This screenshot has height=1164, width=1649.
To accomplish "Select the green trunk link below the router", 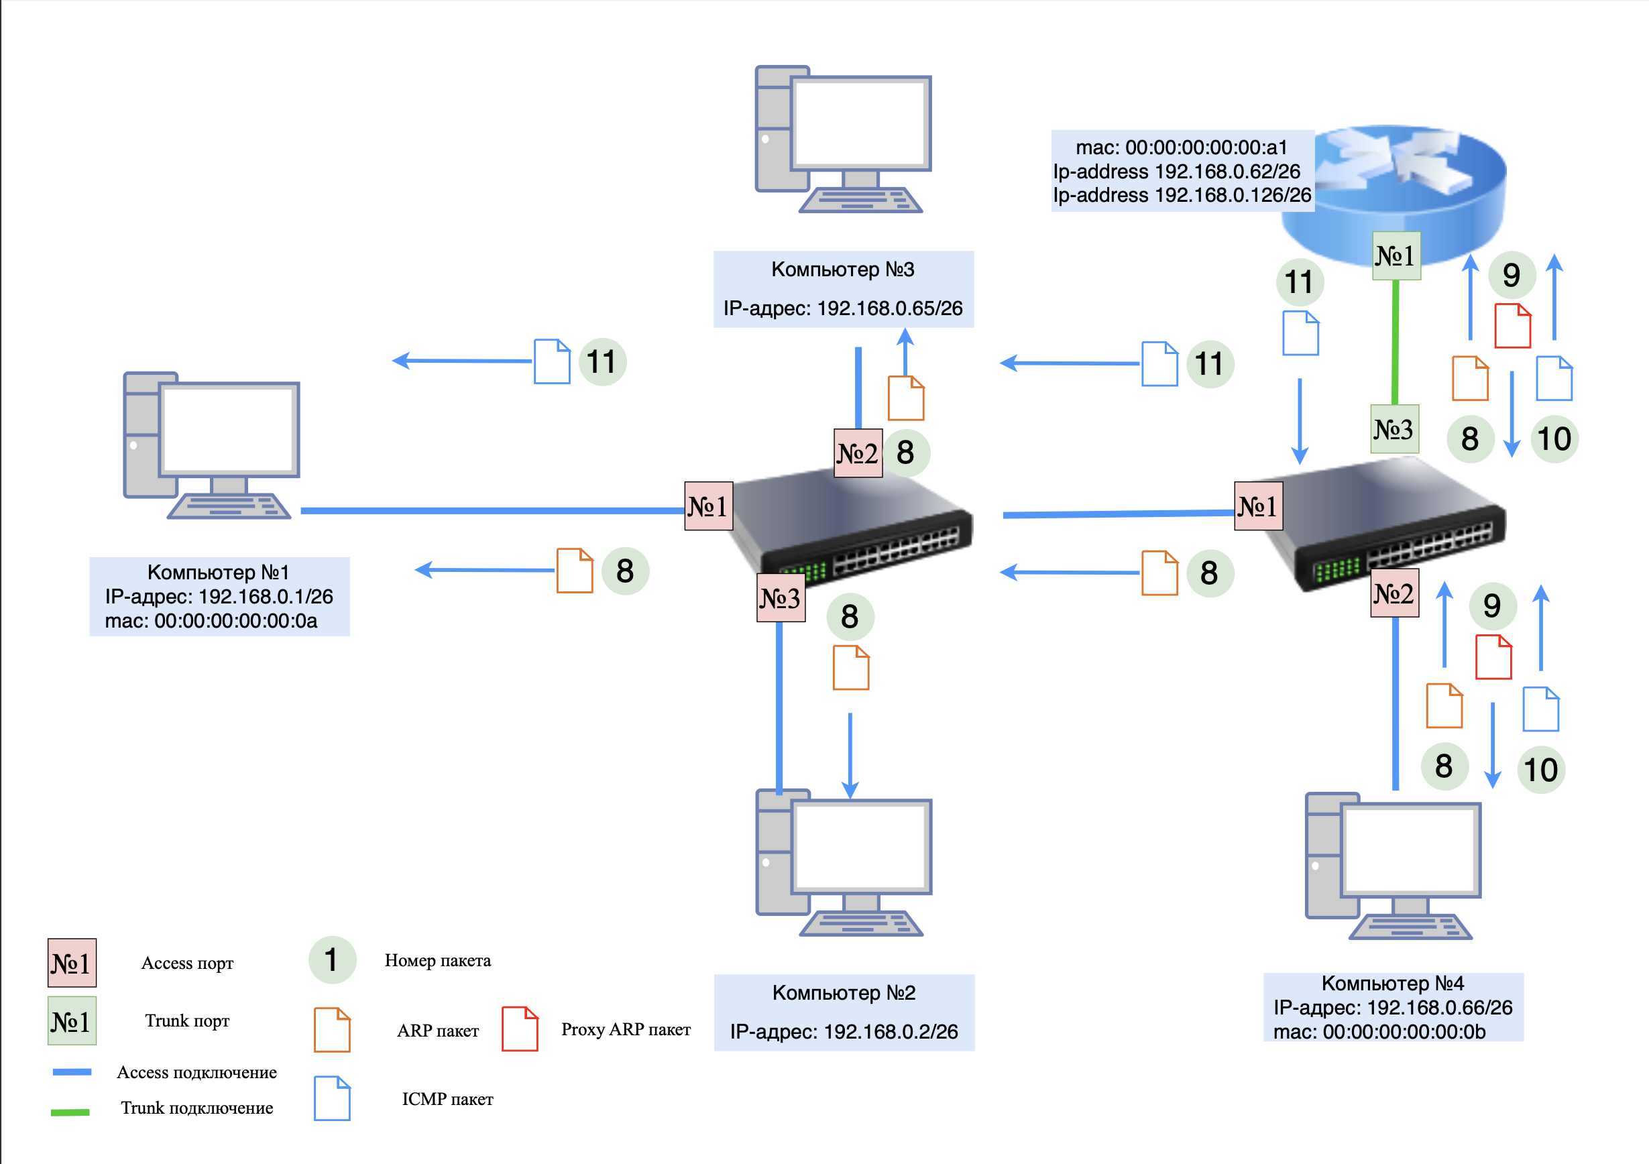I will click(1396, 343).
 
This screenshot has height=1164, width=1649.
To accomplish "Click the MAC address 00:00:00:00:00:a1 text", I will click(1182, 148).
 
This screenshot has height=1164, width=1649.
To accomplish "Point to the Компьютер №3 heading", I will click(842, 270).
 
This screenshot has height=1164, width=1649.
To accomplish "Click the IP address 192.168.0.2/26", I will click(890, 1031).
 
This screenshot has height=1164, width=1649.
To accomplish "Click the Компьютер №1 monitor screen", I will click(229, 428).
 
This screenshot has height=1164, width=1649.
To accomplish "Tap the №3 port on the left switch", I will click(781, 597).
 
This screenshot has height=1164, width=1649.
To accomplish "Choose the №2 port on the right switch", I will click(1394, 593).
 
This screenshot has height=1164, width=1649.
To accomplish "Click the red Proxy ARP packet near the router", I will click(1513, 326).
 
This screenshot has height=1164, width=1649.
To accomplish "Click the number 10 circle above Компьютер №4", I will click(1540, 770).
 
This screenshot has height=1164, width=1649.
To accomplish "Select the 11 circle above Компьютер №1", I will click(602, 362).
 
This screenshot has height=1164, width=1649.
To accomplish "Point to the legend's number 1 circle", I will click(332, 960).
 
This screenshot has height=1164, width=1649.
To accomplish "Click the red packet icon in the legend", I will click(519, 1029).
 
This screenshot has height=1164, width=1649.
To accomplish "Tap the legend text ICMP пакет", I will click(447, 1099).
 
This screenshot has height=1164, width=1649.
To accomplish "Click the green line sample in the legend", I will click(70, 1112).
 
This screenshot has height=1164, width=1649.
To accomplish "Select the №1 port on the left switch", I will click(709, 506).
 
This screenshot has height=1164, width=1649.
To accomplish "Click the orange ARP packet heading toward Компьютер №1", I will click(575, 571).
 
